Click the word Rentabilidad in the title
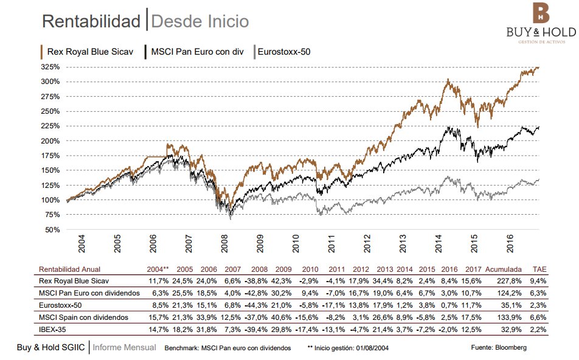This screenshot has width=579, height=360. [x=91, y=21]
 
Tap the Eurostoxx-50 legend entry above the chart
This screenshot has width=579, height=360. [x=283, y=52]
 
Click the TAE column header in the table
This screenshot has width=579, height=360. [x=539, y=269]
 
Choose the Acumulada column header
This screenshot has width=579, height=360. [x=502, y=269]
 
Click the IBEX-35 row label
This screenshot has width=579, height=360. [x=54, y=328]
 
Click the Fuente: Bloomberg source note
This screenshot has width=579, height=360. [x=499, y=347]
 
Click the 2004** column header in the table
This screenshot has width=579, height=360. [x=158, y=269]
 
